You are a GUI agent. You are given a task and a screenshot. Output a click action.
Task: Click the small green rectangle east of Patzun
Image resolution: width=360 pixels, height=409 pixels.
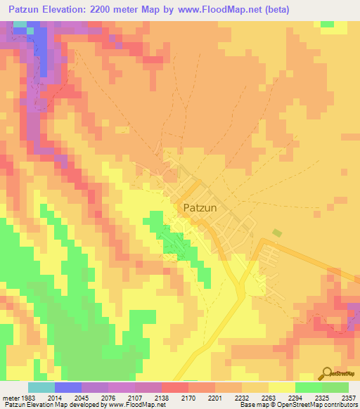(277, 233)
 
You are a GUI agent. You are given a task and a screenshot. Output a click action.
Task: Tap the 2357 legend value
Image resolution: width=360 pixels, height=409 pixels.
(349, 398)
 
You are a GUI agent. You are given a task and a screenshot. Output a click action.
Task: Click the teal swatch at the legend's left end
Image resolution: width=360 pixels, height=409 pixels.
(41, 387)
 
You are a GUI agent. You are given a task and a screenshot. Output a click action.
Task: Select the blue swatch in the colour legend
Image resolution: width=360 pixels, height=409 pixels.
(67, 387)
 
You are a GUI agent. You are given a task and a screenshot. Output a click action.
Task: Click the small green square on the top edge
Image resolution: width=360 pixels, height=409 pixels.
(327, 24)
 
